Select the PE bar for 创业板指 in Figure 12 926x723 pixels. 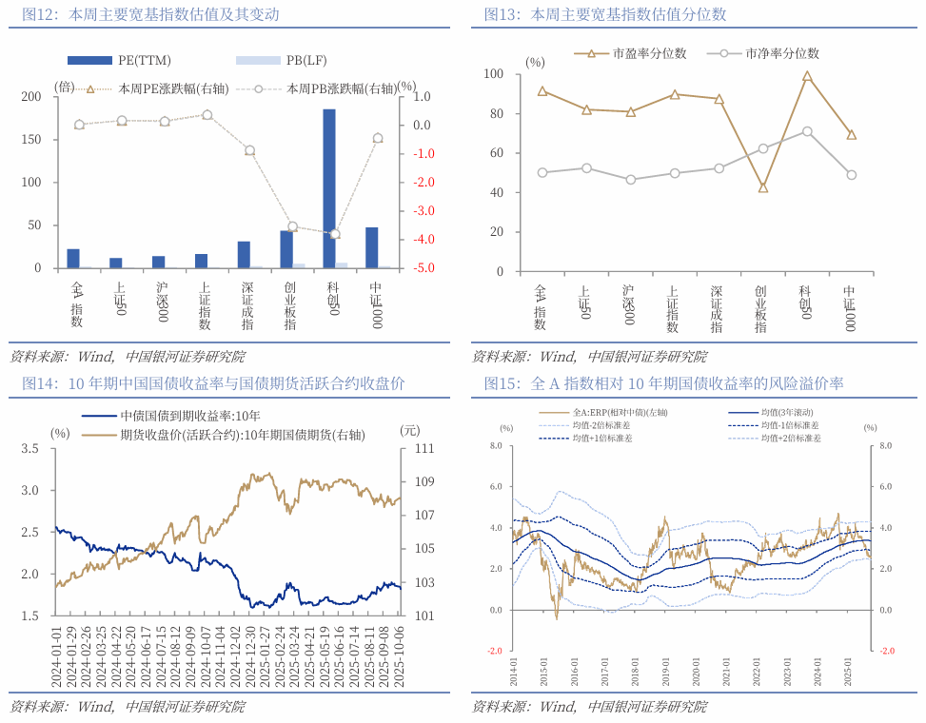click(x=286, y=249)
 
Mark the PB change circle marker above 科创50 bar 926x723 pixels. click(x=334, y=234)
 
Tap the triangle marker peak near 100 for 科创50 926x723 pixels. click(x=807, y=76)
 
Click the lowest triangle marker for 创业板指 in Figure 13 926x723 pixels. click(x=762, y=187)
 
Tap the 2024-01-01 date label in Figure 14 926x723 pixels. click(x=58, y=646)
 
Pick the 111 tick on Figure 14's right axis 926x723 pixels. click(x=424, y=448)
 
